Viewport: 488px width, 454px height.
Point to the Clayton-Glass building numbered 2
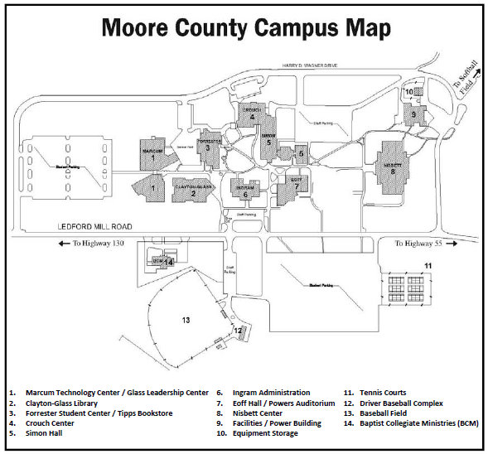click(x=192, y=190)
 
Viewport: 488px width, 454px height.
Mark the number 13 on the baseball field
click(x=186, y=319)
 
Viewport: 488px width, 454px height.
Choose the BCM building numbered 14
click(x=163, y=261)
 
